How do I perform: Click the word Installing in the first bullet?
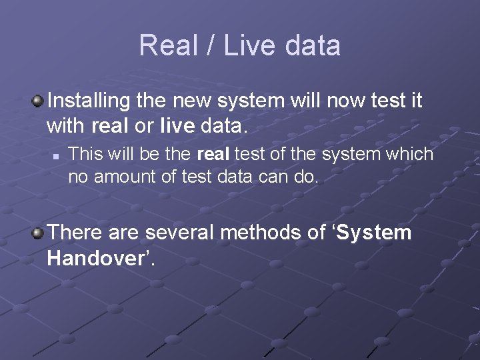[x=88, y=101]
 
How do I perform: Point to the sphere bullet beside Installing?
[x=38, y=101]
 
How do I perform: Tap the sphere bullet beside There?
[x=38, y=233]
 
